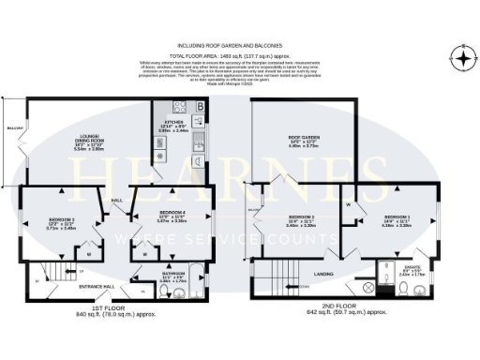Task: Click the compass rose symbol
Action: coord(457,52)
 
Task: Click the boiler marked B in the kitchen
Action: coord(200,107)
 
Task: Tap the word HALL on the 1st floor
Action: coord(119,201)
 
